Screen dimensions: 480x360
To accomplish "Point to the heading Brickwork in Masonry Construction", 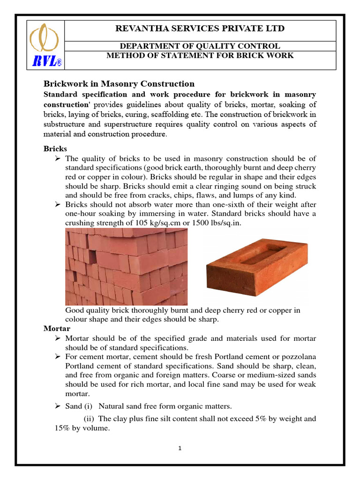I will point(119,84).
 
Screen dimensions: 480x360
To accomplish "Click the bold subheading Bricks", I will point(55,149).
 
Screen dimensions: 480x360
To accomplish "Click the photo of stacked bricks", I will point(126,267).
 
